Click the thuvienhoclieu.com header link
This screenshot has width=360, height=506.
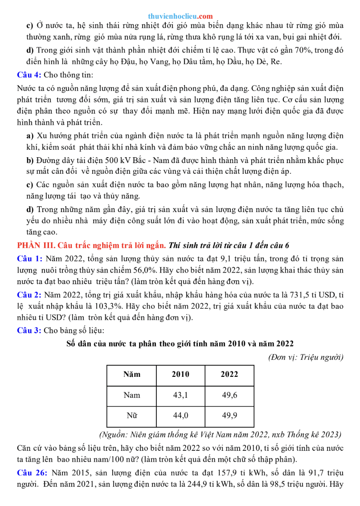click(180, 16)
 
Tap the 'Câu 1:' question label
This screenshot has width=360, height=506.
click(29, 258)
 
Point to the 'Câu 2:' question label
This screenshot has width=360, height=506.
click(29, 294)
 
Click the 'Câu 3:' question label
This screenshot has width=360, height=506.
click(29, 330)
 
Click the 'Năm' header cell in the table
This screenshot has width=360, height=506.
click(131, 375)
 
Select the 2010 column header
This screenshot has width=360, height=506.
click(180, 375)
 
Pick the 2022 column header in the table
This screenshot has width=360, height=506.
click(229, 375)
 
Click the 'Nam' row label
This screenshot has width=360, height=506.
click(131, 395)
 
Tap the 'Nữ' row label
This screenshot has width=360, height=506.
click(131, 416)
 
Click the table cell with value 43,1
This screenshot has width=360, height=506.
click(180, 395)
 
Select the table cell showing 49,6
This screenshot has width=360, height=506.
click(229, 395)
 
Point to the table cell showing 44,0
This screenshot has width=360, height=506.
click(180, 416)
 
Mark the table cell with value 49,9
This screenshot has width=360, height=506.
click(229, 416)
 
